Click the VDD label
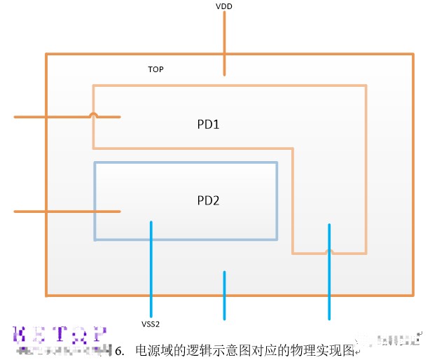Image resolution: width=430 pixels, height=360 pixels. coord(225,6)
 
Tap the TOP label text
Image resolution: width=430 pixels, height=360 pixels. coord(155,70)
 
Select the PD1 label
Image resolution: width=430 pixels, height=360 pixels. coord(208,125)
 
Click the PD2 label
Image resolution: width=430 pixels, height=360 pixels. coord(208,200)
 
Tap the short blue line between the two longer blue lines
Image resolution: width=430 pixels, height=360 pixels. coord(224,295)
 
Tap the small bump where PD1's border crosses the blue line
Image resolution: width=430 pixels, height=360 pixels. coord(329,251)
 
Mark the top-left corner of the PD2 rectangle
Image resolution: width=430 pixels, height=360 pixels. coord(95,163)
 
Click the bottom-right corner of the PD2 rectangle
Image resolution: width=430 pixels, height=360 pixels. coord(277,240)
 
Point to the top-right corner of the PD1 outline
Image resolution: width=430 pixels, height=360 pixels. coord(365,86)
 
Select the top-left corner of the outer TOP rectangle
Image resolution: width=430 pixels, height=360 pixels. coord(46,54)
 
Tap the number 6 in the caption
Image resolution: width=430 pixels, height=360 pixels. coord(119,349)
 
